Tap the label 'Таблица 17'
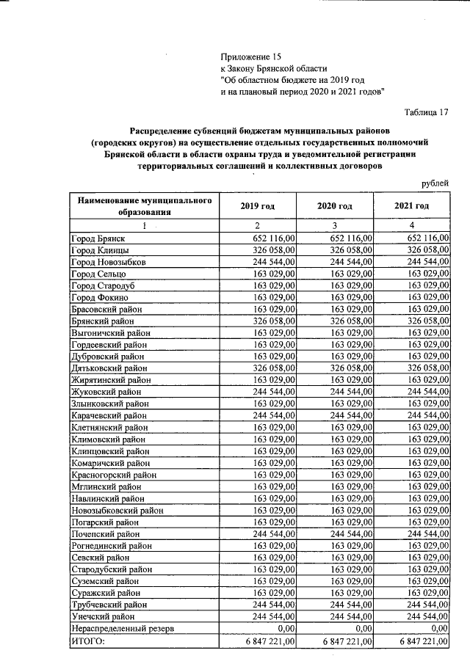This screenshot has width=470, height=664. coord(426,112)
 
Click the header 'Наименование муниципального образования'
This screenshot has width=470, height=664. coord(145,206)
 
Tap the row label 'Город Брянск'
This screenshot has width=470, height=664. coord(99,238)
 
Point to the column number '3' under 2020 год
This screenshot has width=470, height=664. coord(334,225)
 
